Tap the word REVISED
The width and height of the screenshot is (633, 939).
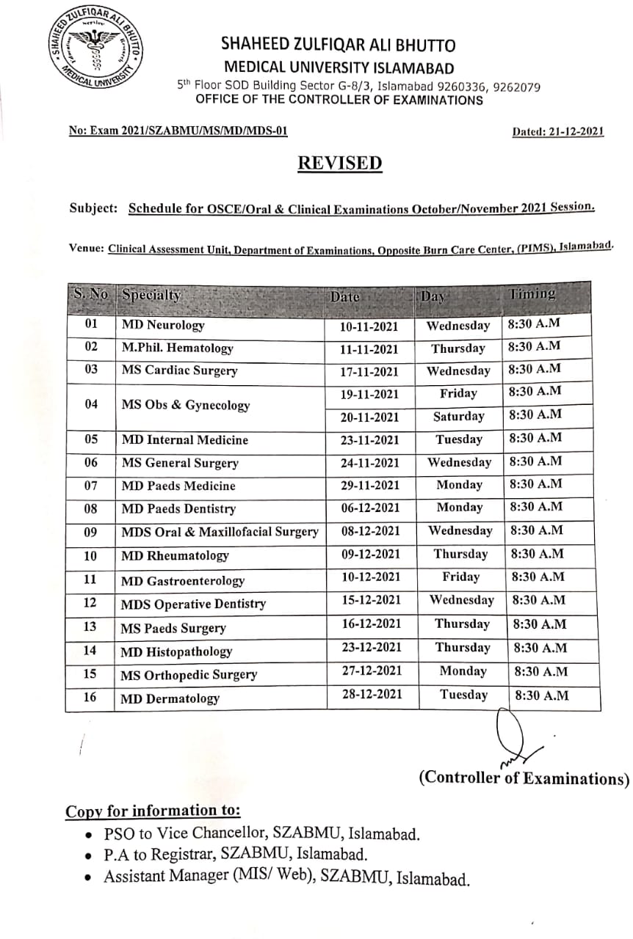point(340,162)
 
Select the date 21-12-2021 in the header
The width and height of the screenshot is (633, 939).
point(557,132)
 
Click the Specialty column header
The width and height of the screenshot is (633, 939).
point(151,296)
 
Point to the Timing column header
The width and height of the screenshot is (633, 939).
point(532,294)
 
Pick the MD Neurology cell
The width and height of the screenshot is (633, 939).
point(163,325)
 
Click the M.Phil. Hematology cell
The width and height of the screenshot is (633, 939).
point(177,348)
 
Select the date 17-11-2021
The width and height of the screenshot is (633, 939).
point(369,372)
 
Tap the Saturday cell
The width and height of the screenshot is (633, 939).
point(458,417)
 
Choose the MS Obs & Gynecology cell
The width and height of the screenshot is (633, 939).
point(186,405)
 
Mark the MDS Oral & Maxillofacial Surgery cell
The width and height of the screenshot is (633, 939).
point(220,532)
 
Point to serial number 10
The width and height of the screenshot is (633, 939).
point(90,555)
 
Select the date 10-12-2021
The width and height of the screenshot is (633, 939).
point(372,577)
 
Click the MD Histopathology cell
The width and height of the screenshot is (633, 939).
point(176,651)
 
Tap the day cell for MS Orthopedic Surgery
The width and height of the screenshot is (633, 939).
point(463,671)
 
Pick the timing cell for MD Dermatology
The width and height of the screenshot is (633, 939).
point(542,695)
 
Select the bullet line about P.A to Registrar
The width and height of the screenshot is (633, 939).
point(235,855)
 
